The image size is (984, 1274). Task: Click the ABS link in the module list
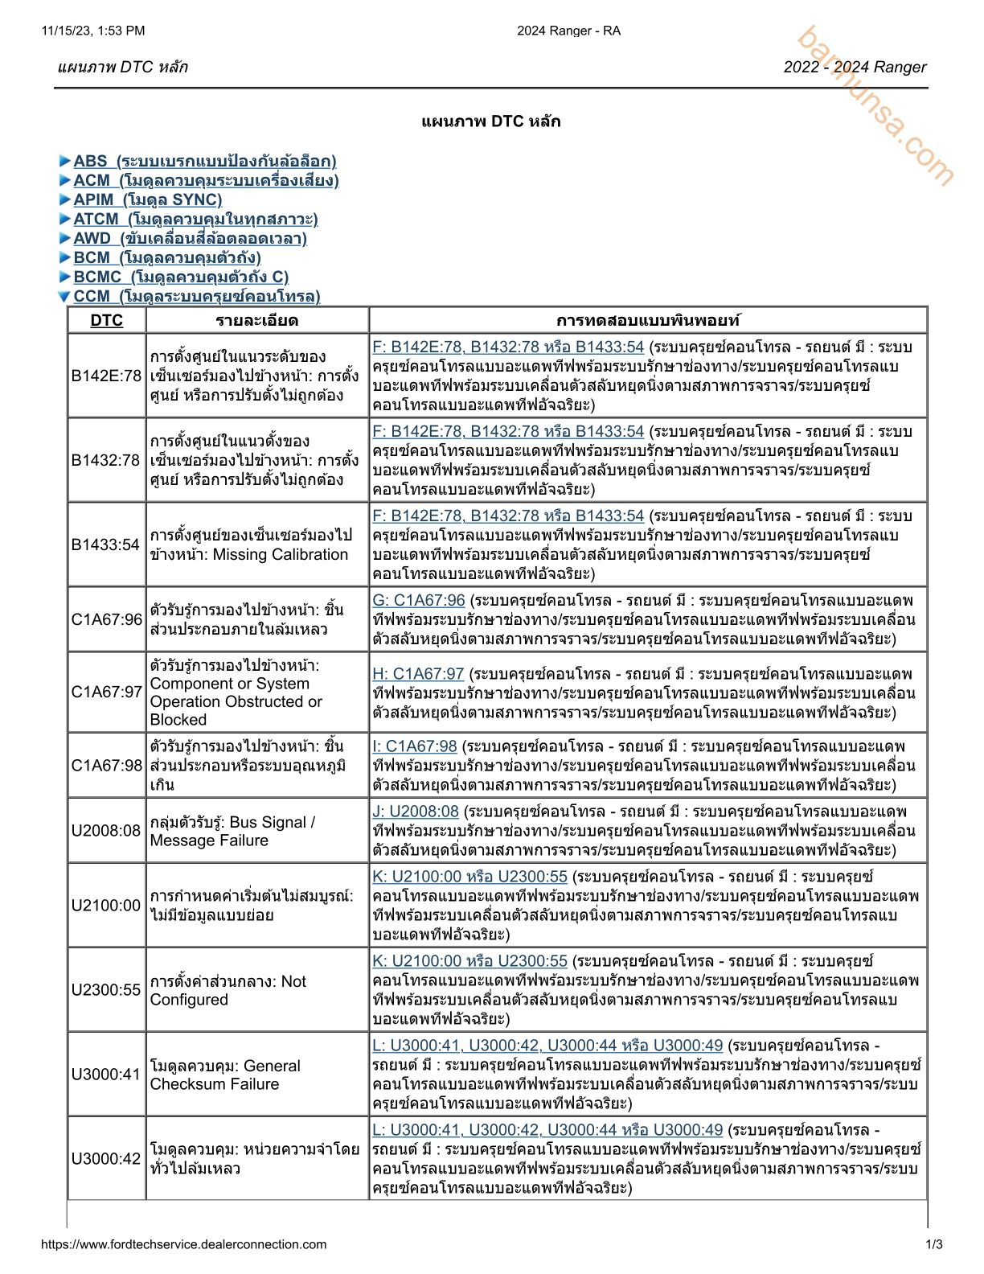204,161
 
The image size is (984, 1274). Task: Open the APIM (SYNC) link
147,199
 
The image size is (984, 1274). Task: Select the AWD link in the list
190,238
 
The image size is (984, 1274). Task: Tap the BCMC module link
180,277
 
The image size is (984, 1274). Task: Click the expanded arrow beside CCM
64,297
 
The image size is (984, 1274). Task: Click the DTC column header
106,320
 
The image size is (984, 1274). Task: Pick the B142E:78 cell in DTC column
106,376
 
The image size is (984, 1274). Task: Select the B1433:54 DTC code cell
106,545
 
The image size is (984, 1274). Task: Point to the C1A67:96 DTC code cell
106,619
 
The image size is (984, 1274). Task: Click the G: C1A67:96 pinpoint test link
419,600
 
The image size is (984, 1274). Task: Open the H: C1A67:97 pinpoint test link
418,673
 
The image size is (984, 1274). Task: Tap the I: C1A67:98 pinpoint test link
414,746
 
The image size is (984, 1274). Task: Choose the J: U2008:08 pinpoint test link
416,811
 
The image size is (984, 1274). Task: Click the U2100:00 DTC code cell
106,906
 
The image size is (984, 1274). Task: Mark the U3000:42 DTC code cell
106,1159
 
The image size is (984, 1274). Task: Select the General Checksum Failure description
224,1075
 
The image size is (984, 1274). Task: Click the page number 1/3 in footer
934,1244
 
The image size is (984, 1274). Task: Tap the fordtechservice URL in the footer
184,1244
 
